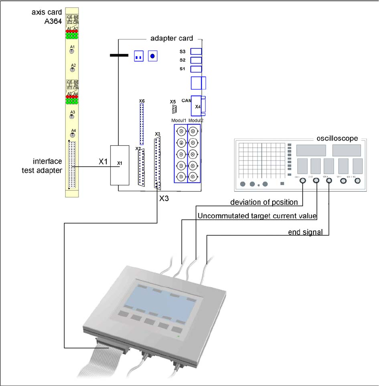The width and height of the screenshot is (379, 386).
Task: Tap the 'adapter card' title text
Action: click(172, 38)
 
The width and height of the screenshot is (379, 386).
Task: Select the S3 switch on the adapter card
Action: click(196, 51)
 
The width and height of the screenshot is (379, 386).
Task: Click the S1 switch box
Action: click(196, 69)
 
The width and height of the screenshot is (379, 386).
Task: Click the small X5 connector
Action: click(174, 108)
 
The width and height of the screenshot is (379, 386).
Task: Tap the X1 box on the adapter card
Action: click(120, 165)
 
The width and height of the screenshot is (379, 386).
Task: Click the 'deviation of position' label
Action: click(264, 202)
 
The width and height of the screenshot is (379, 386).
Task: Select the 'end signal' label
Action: click(306, 232)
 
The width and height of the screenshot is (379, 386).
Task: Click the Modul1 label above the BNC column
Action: click(179, 121)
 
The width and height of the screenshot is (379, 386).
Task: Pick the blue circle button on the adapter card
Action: click(153, 56)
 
